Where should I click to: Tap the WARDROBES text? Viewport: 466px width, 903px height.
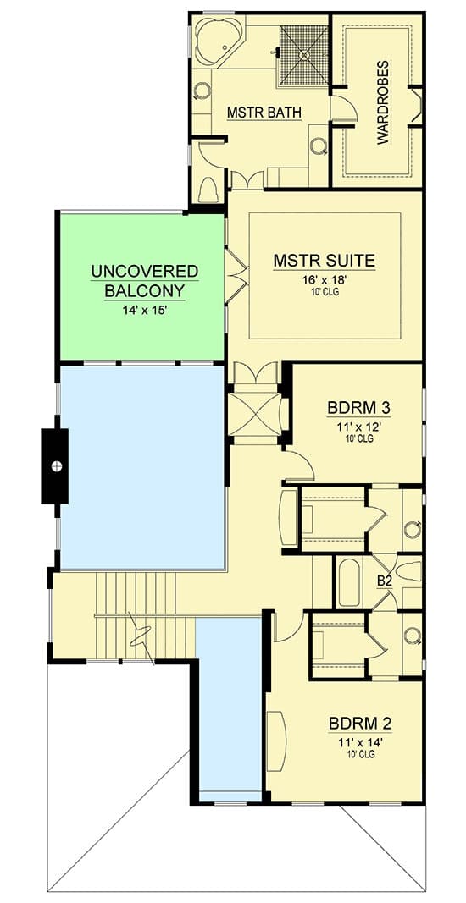[x=383, y=102]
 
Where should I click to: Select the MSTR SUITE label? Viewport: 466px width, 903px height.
[x=324, y=260]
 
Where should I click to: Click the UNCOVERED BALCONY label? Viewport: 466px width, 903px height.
[x=144, y=281]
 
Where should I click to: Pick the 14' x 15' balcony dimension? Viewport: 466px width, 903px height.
[x=144, y=310]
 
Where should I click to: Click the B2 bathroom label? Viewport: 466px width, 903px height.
[x=384, y=581]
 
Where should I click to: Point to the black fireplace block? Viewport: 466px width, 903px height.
[x=56, y=465]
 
